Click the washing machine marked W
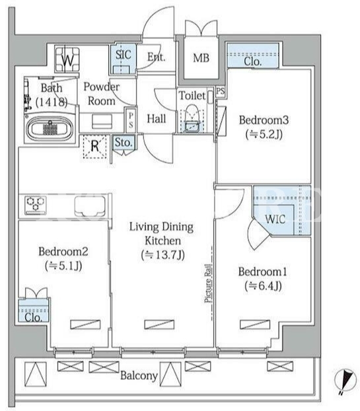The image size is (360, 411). tap(67, 59)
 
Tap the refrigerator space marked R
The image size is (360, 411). tap(95, 146)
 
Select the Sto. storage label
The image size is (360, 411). tap(124, 143)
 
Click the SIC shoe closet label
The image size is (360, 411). tap(124, 55)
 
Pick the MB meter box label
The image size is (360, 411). tap(201, 58)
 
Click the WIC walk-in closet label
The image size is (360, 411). tap(275, 219)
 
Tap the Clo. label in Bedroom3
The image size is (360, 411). tap(253, 62)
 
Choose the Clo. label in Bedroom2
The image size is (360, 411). tap(34, 317)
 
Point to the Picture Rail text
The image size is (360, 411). tap(208, 283)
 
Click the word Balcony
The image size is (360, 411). tap(139, 376)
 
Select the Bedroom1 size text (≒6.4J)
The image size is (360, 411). tap(263, 286)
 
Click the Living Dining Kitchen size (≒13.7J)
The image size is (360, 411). tap(162, 255)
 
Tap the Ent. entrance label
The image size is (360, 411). tap(157, 57)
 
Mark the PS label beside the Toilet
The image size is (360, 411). tap(221, 91)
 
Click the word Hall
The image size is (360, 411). tap(157, 119)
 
